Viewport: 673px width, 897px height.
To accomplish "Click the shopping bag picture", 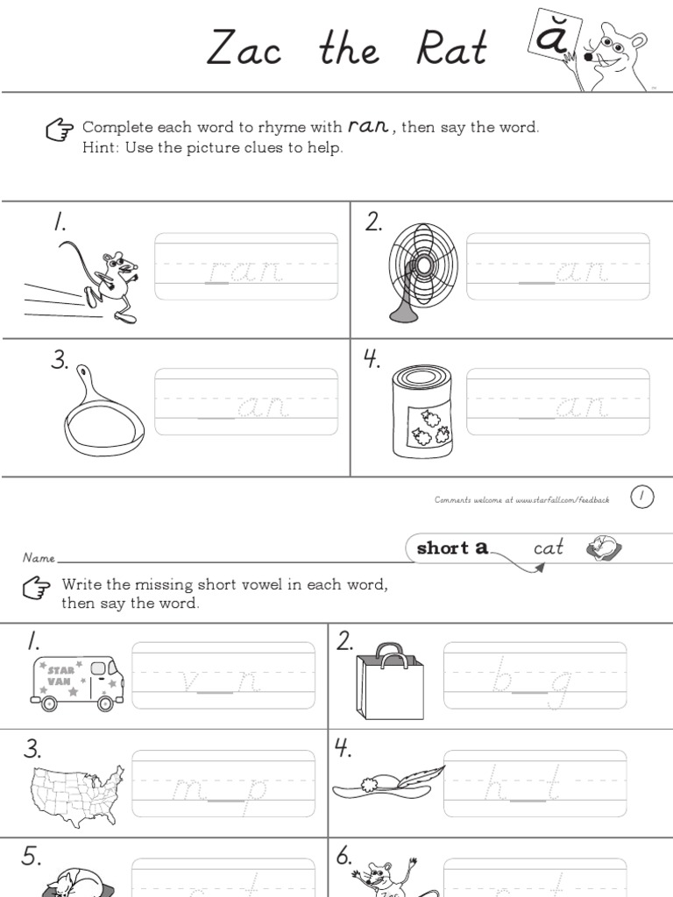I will click(x=389, y=682).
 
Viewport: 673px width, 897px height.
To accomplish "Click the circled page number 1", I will click(x=641, y=498).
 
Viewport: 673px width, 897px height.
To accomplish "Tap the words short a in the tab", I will click(x=452, y=548).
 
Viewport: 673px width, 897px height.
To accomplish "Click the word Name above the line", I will click(x=39, y=557).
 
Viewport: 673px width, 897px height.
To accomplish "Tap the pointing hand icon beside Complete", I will click(x=60, y=130).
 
